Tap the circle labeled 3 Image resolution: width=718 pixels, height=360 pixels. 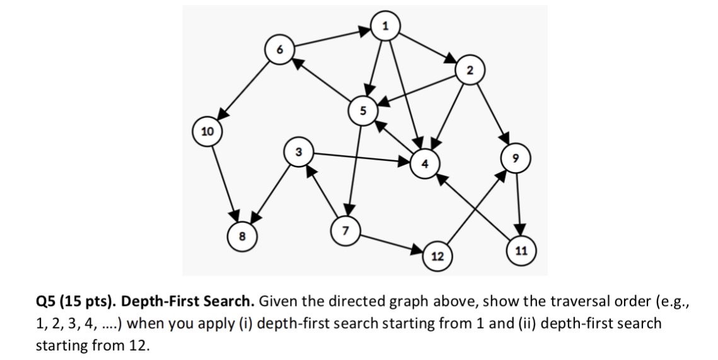[298, 152]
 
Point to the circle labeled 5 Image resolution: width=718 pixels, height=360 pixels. [362, 109]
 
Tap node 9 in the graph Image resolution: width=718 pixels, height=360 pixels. [516, 158]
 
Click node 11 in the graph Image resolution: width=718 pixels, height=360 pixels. [521, 250]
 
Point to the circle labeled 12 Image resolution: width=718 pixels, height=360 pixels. [436, 255]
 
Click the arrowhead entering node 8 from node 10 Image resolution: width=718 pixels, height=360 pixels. [236, 215]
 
